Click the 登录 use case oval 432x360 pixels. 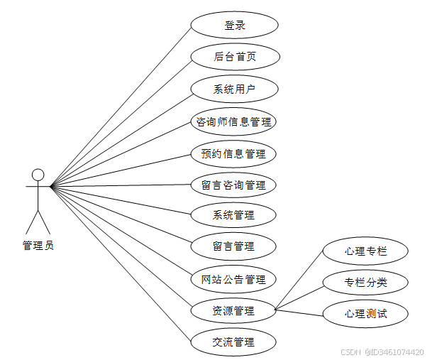[x=234, y=26]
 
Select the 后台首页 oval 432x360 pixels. [x=234, y=58]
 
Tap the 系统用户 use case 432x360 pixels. [x=234, y=89]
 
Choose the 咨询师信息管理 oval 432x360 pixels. [x=234, y=121]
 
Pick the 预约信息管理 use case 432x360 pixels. [x=234, y=153]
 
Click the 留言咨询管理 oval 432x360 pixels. [x=234, y=185]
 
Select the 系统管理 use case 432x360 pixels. [x=234, y=214]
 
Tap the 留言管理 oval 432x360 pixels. [x=234, y=246]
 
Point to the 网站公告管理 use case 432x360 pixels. [x=234, y=279]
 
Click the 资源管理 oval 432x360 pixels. [x=234, y=310]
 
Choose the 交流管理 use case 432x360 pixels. [x=234, y=342]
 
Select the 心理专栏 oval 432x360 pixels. [x=366, y=251]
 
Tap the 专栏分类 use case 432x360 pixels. [x=366, y=283]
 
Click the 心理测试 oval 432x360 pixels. [x=366, y=313]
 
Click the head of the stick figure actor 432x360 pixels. [x=38, y=175]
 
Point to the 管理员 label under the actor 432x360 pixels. [x=38, y=246]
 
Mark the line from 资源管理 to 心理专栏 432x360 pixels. [x=299, y=280]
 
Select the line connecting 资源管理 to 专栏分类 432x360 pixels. [x=299, y=296]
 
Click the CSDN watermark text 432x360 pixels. [x=351, y=351]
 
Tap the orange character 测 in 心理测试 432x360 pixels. [x=372, y=313]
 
